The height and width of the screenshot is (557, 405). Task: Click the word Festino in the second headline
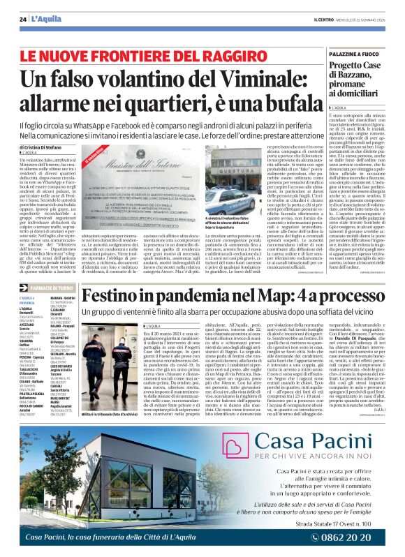(114, 295)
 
